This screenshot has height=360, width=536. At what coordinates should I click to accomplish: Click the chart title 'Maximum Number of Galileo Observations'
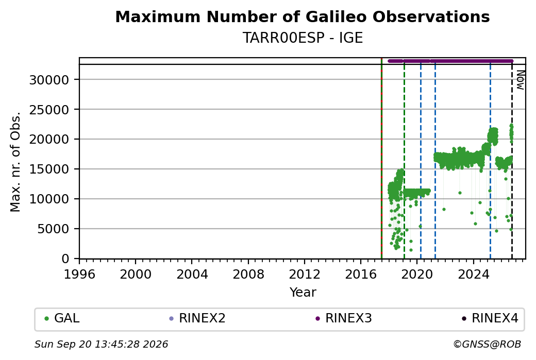(303, 16)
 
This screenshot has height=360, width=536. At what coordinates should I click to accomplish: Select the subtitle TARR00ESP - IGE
(303, 38)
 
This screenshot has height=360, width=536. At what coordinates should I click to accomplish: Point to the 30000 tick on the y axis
(49, 80)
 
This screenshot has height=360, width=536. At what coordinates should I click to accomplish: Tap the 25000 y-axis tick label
(49, 110)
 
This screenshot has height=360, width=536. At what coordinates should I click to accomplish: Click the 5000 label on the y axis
(53, 229)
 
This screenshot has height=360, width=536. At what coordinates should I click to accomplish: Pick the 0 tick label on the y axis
(65, 259)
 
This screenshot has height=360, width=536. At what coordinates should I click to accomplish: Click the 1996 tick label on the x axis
(79, 274)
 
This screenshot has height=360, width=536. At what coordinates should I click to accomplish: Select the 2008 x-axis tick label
(248, 274)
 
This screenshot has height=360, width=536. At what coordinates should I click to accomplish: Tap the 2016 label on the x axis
(361, 274)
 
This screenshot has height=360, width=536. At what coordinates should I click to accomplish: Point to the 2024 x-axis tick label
(474, 274)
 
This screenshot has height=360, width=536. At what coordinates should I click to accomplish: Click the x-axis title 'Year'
(303, 293)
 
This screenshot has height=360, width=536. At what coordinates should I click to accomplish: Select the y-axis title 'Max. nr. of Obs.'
(15, 162)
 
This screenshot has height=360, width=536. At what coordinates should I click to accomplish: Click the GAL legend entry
(62, 318)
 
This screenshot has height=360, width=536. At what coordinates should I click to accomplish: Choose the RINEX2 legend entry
(197, 318)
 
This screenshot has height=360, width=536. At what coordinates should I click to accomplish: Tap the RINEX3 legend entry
(344, 318)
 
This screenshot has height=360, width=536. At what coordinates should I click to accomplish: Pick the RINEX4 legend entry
(490, 318)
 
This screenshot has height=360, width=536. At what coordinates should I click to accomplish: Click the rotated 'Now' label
(520, 80)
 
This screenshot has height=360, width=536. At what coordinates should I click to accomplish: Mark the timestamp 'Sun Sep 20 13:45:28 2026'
(101, 344)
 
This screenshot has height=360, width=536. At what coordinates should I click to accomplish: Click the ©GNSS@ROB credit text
(487, 344)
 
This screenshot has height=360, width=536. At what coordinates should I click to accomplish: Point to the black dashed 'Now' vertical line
(512, 162)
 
